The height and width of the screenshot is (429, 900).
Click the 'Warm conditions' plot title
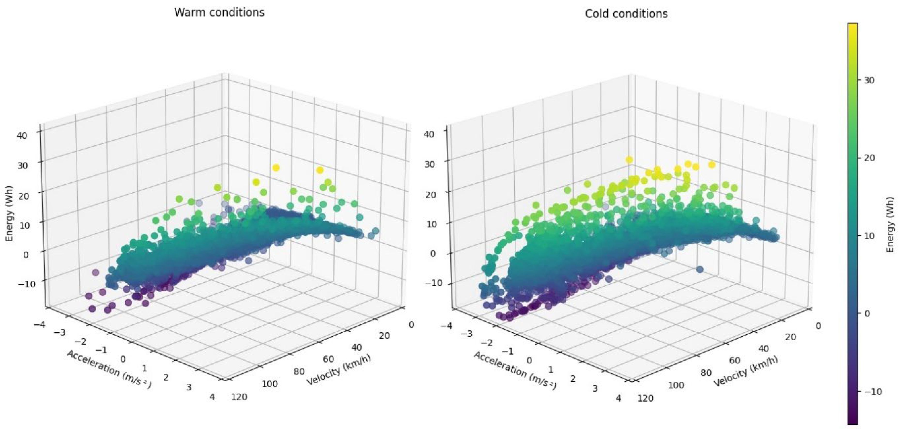coord(219,13)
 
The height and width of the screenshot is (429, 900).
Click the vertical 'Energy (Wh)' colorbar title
coord(891,224)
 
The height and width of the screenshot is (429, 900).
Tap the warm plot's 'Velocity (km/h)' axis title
coord(338,370)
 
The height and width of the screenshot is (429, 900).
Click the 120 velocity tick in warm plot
coord(239,397)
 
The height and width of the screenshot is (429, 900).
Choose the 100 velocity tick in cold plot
coord(676,385)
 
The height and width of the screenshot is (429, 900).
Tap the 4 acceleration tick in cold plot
coord(618,398)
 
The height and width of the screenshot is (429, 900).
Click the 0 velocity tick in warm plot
coord(411,325)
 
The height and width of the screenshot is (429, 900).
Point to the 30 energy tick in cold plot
coord(431,164)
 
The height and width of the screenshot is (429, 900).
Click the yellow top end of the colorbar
coord(853,26)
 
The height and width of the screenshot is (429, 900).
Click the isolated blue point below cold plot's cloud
coord(700,269)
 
